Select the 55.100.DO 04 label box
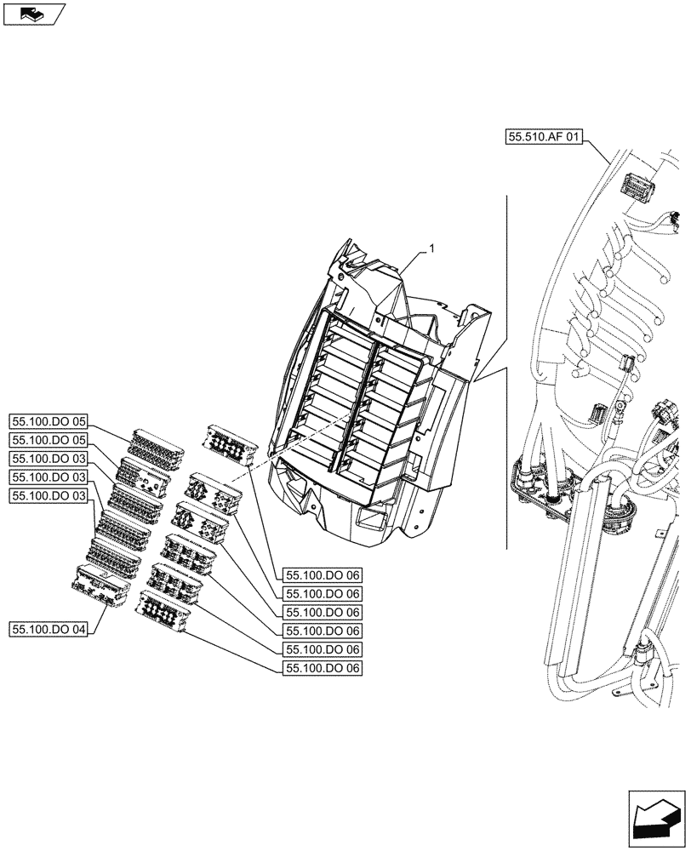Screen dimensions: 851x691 49,629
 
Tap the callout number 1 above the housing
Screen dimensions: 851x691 432,248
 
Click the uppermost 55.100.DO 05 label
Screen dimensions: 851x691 49,420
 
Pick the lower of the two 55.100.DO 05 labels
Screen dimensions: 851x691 49,440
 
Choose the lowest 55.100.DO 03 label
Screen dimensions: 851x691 49,496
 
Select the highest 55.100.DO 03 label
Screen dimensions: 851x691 49,459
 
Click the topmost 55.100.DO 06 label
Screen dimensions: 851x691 323,575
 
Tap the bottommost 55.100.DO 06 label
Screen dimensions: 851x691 323,669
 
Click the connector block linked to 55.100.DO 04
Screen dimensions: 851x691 102,585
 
